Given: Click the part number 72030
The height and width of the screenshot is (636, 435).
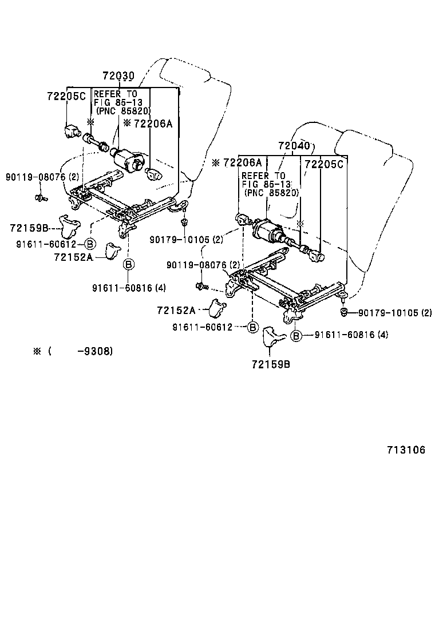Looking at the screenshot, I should pos(118,75).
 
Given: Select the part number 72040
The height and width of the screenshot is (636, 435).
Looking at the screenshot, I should pos(294,146).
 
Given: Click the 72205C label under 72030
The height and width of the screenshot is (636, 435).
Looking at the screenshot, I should pos(66,96).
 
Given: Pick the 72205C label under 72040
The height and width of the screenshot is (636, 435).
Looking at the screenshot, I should pos(325,164).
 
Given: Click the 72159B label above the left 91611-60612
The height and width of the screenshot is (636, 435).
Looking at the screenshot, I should pos(28,228).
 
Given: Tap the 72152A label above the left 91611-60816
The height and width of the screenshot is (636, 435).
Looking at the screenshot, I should pos(73,257).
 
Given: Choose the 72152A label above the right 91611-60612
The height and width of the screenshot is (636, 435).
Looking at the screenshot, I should pos(176,310).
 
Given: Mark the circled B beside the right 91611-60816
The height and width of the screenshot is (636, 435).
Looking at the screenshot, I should pos(296,335).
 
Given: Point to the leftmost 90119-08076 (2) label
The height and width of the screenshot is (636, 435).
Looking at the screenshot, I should pos(43,177).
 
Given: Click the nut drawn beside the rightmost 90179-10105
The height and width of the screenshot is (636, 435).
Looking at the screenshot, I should pos(344,312).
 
